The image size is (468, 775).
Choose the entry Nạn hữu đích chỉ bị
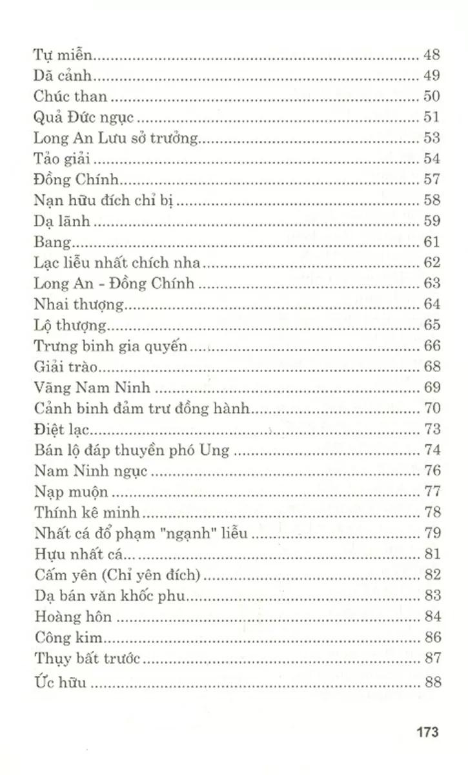pyautogui.click(x=104, y=200)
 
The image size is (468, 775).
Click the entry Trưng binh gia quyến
pyautogui.click(x=110, y=346)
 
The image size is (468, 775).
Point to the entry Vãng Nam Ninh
pyautogui.click(x=83, y=387)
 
